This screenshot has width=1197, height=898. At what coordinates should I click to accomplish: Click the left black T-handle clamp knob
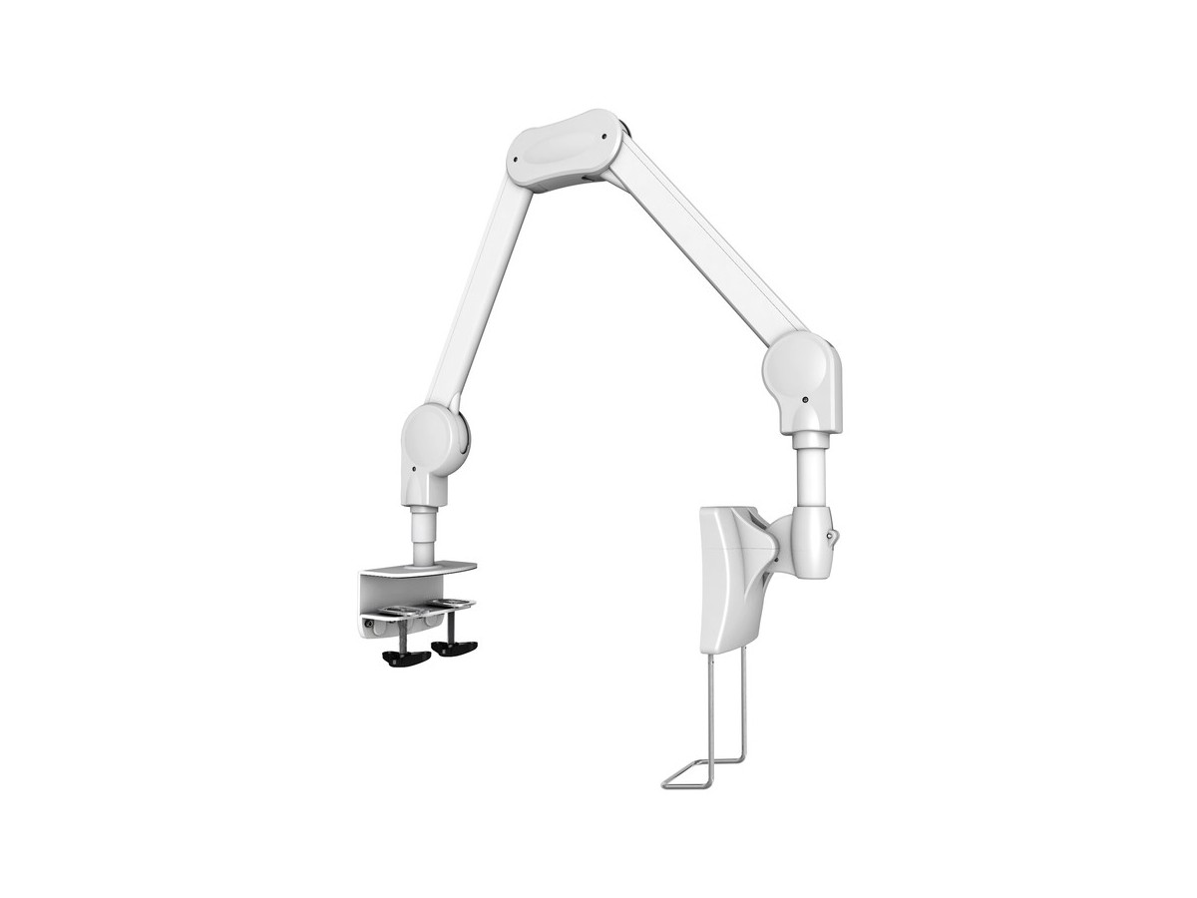click(406, 659)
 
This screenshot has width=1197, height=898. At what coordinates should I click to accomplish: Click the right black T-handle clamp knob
click(454, 649)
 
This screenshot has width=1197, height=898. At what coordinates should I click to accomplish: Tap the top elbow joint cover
click(565, 150)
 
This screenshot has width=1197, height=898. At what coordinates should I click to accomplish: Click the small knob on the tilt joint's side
click(832, 536)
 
